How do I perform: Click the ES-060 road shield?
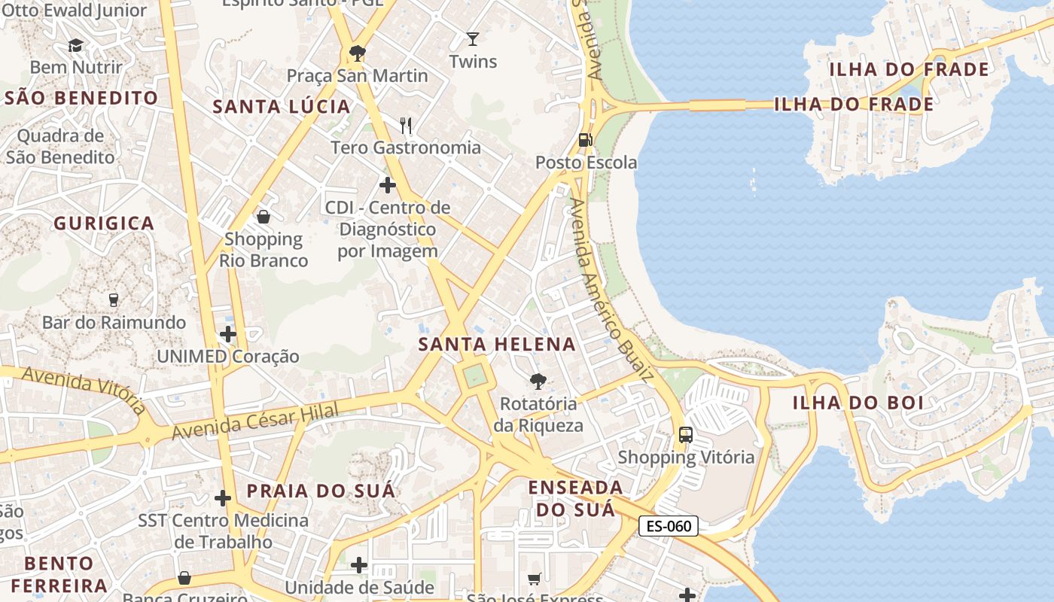tap(669, 526)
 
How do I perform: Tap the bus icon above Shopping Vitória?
tap(685, 434)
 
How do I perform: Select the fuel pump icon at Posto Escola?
tap(585, 139)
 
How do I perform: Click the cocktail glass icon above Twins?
tap(472, 38)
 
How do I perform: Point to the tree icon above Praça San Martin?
tap(357, 53)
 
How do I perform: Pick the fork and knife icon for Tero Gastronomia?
tap(406, 124)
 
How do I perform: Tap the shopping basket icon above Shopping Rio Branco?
tap(263, 217)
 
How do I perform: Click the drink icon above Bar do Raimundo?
tap(114, 299)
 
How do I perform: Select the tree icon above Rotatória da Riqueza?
tap(538, 381)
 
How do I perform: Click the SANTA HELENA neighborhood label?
tap(497, 345)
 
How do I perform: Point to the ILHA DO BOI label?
tap(858, 403)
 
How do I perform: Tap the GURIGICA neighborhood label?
tap(104, 223)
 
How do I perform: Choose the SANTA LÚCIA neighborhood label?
tap(282, 107)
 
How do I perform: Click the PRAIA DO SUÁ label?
tap(321, 491)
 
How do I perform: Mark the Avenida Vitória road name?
tap(84, 390)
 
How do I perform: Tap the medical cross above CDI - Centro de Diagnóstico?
tap(388, 184)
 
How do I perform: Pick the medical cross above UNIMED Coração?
tap(228, 333)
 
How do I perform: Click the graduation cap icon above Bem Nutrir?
tap(75, 45)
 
